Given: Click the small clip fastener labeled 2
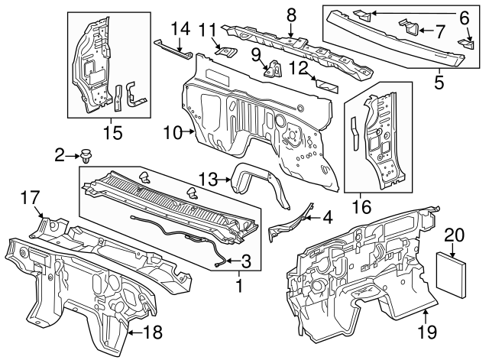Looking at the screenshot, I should (x=85, y=158).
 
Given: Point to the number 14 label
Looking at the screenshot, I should (x=180, y=29).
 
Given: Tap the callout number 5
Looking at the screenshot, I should (x=439, y=79).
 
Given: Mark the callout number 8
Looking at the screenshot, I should (x=291, y=14).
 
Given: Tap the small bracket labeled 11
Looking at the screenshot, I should (x=224, y=50).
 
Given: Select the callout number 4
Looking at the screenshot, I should (x=327, y=217).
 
